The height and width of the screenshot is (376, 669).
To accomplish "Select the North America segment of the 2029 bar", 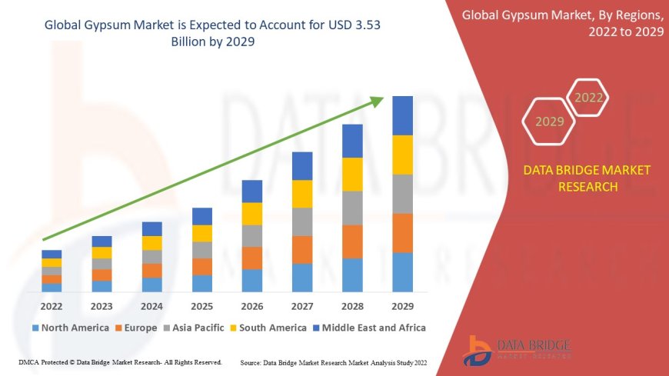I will (x=402, y=272).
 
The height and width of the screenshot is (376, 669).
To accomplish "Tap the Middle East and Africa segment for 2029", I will (x=402, y=115).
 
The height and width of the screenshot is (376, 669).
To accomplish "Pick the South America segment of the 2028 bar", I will (x=352, y=174).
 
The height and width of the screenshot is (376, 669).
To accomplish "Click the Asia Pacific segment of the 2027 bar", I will (x=302, y=221).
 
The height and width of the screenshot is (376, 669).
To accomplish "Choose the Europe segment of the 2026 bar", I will (x=252, y=258).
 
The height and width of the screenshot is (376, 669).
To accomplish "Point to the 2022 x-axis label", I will (x=52, y=305).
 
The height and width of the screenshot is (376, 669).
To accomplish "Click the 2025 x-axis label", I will (x=201, y=305).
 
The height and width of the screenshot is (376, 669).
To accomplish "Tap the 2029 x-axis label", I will (x=402, y=305).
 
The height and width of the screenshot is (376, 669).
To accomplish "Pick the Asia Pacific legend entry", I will (x=195, y=328).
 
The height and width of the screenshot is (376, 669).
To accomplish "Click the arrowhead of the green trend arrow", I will (x=377, y=101).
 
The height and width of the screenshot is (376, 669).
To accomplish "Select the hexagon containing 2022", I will (x=589, y=98).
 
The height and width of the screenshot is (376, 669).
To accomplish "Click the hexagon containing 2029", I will (x=549, y=121).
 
